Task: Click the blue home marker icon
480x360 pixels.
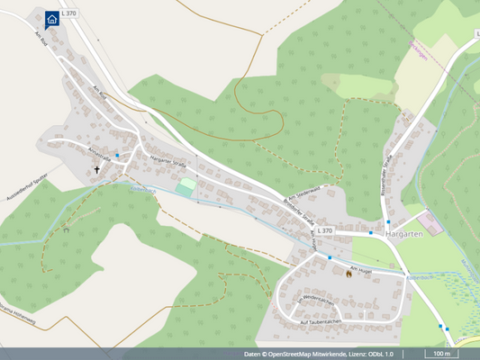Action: coord(52,17)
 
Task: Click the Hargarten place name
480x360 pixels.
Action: coord(403,234)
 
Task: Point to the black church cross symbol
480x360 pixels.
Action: coord(97,168)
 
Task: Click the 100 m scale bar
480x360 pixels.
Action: coord(439,354)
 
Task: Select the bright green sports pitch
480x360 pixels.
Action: coord(186,187)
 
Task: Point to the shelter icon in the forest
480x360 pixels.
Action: coord(67,231)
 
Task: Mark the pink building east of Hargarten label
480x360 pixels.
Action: coord(435,224)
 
